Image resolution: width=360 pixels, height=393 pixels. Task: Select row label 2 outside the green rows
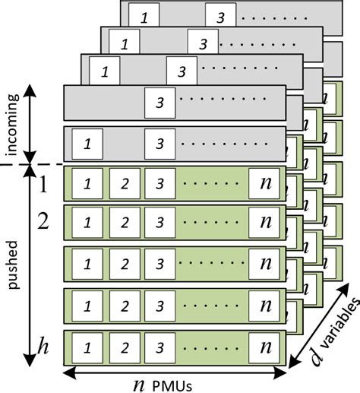point(43,223)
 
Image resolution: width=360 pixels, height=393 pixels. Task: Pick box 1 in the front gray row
point(89,143)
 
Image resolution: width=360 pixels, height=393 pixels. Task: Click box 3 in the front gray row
point(158,143)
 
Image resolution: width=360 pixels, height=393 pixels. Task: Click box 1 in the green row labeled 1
point(89,185)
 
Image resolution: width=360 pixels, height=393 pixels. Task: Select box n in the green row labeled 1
point(265,184)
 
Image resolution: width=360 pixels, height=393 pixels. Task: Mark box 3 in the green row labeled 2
point(158,223)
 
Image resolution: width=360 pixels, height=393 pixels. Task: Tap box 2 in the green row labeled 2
point(123,223)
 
